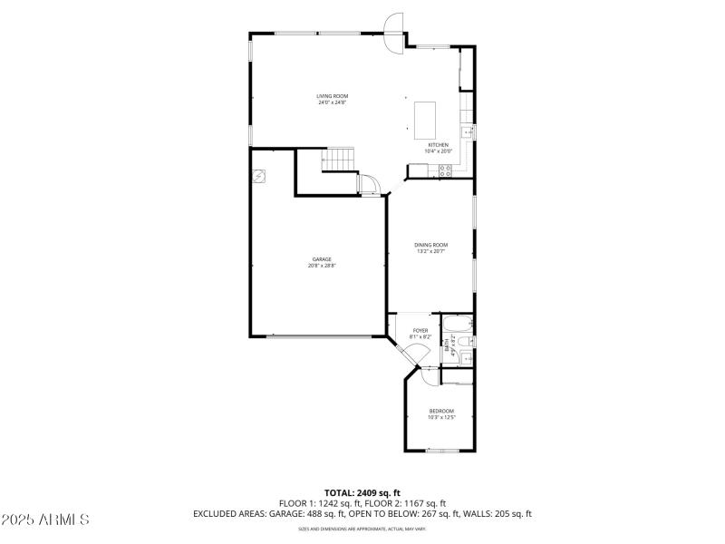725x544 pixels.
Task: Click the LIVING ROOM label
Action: [x=332, y=96]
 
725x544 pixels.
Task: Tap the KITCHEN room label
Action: [x=438, y=145]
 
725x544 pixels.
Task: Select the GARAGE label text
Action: [x=322, y=259]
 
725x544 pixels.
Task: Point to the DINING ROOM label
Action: [x=431, y=245]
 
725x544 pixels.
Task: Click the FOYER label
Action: [x=420, y=330]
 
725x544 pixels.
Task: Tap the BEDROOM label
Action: [x=441, y=412]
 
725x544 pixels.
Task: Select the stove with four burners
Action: [x=445, y=170]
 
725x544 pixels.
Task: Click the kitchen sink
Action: [x=468, y=132]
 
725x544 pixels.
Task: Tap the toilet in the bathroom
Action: [x=464, y=341]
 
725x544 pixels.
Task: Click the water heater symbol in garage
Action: [x=259, y=175]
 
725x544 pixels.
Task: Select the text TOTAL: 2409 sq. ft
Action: [x=362, y=492]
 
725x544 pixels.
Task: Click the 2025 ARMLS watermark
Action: [x=45, y=520]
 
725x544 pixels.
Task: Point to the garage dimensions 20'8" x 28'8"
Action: [x=322, y=266]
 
